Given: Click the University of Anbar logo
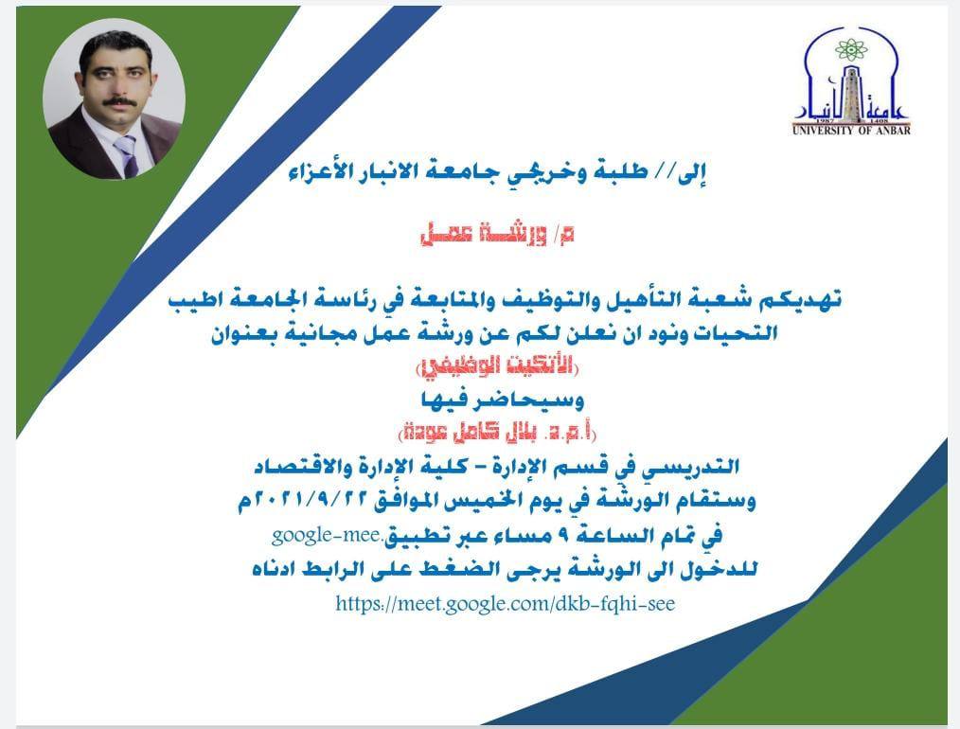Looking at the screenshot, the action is click(851, 80).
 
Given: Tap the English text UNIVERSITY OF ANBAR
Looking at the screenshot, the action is click(851, 131).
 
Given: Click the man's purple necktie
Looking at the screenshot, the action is click(127, 155).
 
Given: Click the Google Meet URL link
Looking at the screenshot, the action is click(506, 604).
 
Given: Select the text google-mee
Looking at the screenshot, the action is click(326, 536).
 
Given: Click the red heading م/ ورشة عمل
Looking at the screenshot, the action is click(497, 235).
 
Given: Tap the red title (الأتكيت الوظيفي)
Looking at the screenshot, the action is click(497, 366).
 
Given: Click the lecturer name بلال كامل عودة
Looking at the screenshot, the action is click(471, 433).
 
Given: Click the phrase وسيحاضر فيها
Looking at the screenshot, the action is click(503, 400).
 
